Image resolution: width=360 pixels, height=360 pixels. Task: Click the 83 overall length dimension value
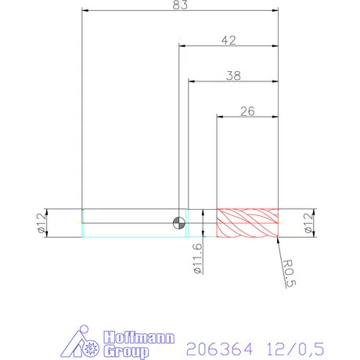point(180,6)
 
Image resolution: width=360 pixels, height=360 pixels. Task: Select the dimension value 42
point(229,41)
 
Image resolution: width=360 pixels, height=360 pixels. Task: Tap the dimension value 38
point(233,76)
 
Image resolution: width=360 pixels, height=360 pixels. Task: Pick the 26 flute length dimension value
point(247,111)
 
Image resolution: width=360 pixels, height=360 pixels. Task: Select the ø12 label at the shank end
point(40,223)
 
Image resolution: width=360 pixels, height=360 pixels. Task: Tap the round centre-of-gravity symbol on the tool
point(180,221)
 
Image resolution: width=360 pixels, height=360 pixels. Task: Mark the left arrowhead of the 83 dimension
point(86,13)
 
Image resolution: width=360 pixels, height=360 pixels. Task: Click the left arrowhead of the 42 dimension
point(183,48)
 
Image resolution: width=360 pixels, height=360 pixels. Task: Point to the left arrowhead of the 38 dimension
point(192,83)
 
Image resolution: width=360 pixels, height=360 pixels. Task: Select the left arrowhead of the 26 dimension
point(221,118)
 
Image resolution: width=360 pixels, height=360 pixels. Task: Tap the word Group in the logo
point(125,347)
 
